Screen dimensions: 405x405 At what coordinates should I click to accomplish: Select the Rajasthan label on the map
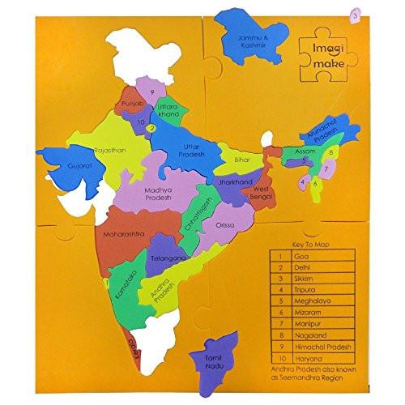[110, 150]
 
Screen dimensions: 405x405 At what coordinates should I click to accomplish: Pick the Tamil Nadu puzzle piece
[213, 353]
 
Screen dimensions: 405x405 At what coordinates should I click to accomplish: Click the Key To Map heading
[311, 241]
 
